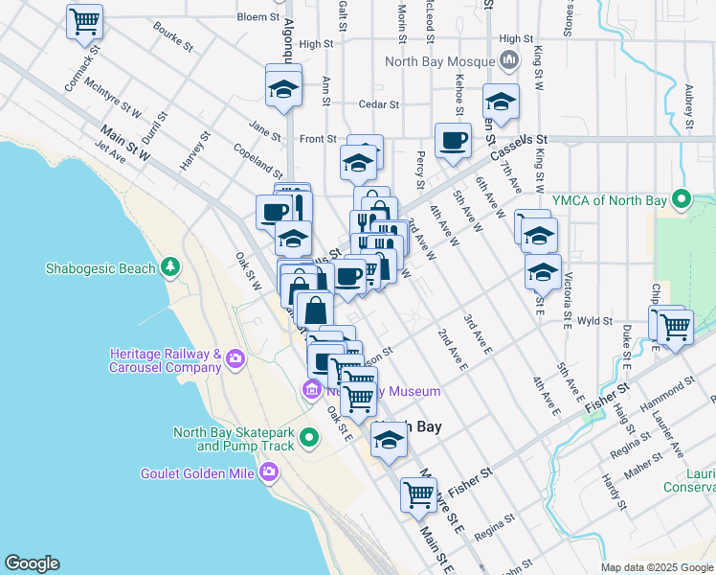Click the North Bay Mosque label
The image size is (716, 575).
[441, 61]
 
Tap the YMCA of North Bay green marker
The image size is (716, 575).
[682, 200]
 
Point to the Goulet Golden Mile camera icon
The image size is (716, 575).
[270, 471]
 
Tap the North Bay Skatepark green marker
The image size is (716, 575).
[308, 439]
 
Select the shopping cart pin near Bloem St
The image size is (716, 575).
[85, 20]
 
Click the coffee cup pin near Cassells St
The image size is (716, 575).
[453, 140]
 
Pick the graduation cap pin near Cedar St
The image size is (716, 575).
[283, 89]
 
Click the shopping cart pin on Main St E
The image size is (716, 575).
[418, 494]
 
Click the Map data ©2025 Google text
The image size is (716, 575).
[656, 567]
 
